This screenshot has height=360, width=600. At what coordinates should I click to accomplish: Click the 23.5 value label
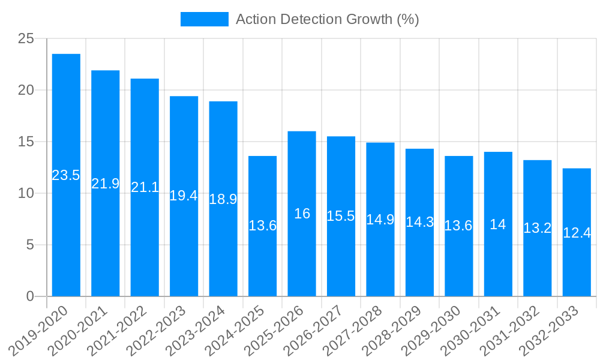66,175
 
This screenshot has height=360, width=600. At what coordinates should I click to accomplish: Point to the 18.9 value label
223,199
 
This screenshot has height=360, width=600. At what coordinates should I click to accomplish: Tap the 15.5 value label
341,216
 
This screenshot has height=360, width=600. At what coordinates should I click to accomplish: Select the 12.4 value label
577,232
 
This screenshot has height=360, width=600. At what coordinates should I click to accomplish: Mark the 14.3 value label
419,222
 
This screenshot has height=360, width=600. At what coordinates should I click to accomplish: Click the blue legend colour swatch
204,19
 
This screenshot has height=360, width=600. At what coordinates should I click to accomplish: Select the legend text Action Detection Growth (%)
327,19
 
